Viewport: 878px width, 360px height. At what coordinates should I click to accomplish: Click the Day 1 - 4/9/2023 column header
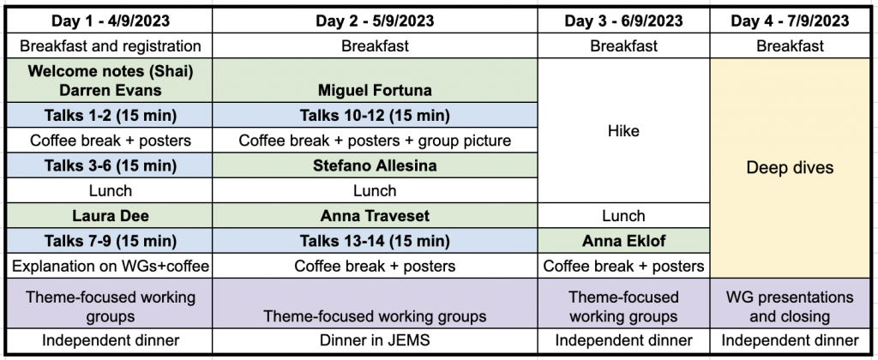point(110,21)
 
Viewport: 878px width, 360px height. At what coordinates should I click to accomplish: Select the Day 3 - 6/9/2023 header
point(623,21)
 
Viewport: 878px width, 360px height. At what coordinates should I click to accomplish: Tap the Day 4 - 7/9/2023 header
point(790,21)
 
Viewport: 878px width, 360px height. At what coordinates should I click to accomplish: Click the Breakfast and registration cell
point(110,46)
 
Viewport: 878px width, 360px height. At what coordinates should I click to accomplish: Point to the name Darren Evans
point(111,90)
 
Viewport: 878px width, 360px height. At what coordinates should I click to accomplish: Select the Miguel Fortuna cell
point(375,80)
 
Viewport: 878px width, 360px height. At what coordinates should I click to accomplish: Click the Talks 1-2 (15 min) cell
point(110,116)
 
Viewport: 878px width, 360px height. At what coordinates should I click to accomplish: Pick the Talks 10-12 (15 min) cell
point(375,116)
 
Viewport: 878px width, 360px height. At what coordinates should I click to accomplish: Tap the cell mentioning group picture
point(375,140)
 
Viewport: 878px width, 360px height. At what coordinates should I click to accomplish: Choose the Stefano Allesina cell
point(375,165)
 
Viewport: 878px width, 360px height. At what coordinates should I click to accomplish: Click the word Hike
point(623,130)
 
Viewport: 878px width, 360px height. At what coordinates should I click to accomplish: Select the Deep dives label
point(790,167)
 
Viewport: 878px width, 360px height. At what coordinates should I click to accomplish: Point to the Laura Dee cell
point(110,215)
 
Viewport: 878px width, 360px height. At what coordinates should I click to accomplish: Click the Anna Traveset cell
point(375,215)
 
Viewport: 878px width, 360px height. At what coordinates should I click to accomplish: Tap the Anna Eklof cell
point(623,241)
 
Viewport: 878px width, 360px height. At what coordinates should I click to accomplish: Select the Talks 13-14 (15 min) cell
point(375,241)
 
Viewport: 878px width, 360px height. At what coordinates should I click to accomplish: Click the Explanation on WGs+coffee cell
point(110,266)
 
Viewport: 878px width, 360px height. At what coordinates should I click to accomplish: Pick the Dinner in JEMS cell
point(375,340)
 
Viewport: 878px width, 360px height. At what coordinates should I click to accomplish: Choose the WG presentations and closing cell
point(790,306)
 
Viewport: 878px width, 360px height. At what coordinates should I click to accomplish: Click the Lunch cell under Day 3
point(623,215)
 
